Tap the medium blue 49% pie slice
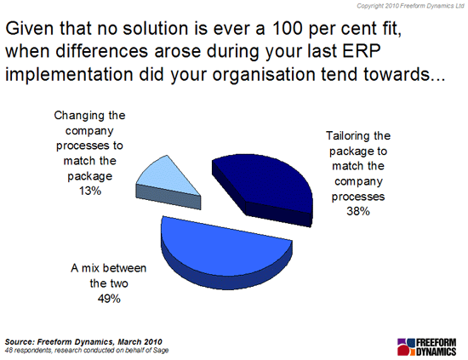[x=224, y=251]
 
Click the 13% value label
[x=90, y=191]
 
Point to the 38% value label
[x=358, y=211]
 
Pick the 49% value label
[x=109, y=298]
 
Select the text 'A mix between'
[x=109, y=268]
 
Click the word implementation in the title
[x=69, y=75]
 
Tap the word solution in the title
[x=156, y=29]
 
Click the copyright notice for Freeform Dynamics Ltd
[x=411, y=6]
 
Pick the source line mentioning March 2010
[x=83, y=342]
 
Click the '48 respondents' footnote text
[x=87, y=350]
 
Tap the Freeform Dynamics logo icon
[x=406, y=347]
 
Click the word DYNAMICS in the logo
[x=436, y=351]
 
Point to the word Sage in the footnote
[x=161, y=351]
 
